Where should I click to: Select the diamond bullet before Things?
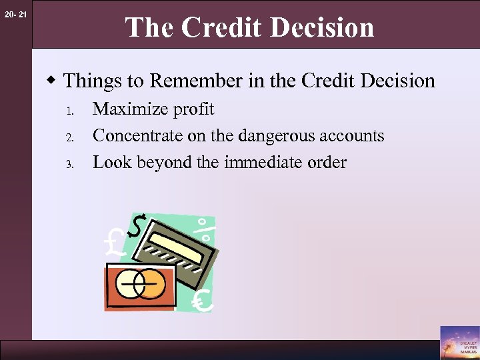51,81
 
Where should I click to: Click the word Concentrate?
137,136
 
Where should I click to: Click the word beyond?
166,163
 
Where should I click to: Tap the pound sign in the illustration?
115,243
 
